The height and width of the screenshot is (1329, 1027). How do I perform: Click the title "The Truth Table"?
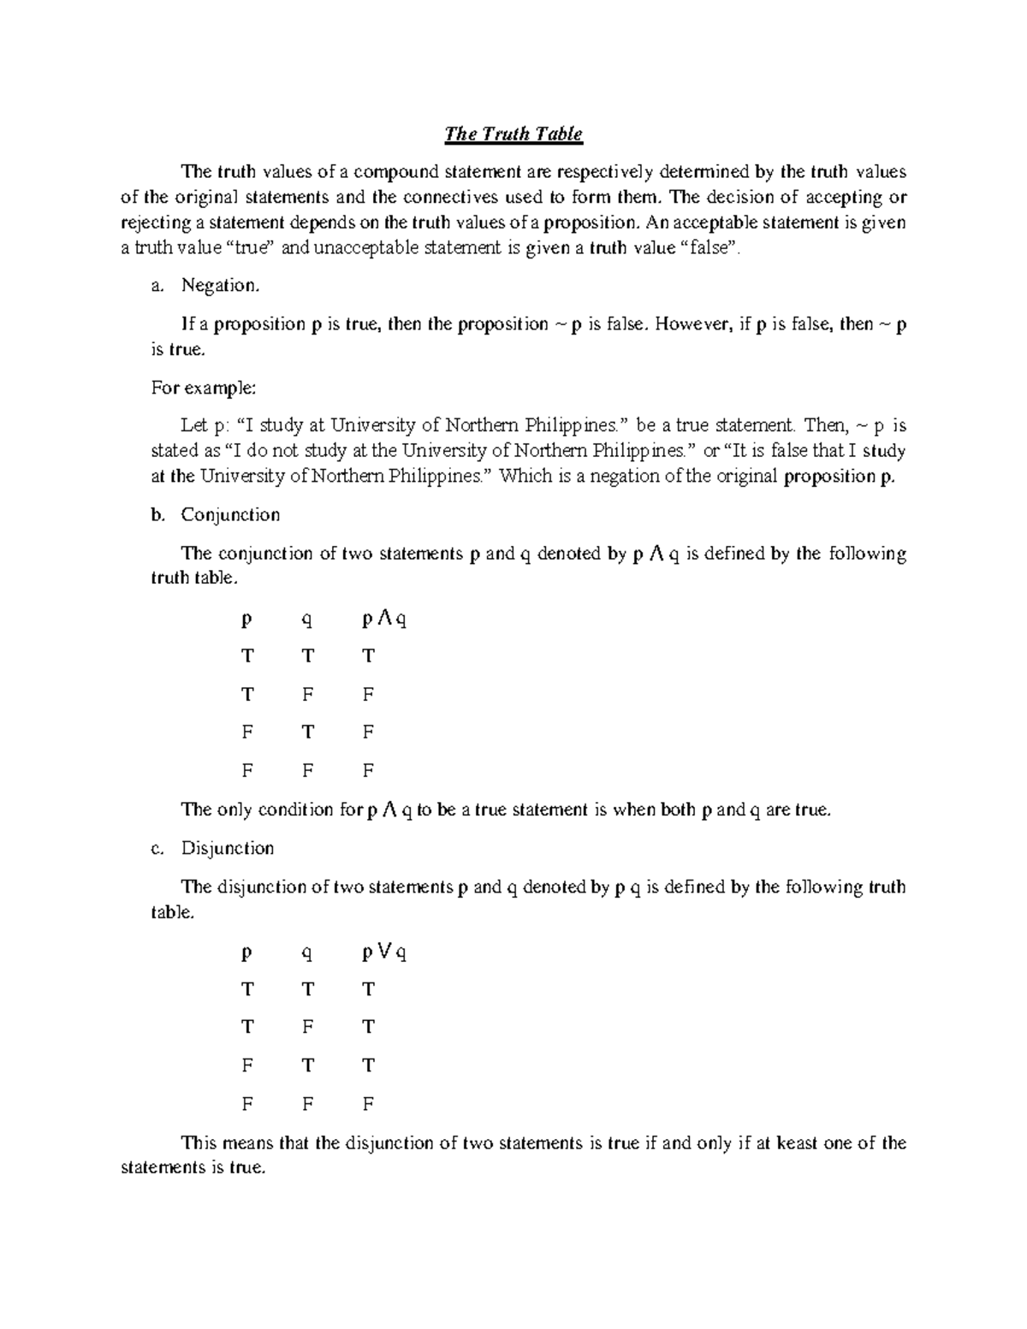[x=513, y=134]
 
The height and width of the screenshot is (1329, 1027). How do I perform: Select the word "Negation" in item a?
[x=219, y=286]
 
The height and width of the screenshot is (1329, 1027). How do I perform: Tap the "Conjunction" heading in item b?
[x=230, y=515]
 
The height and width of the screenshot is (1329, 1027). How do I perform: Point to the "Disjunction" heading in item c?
[x=228, y=849]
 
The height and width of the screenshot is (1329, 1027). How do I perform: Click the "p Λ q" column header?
[x=384, y=619]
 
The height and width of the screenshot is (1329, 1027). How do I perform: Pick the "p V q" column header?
[x=384, y=952]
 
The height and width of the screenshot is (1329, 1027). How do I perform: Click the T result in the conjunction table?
[x=368, y=656]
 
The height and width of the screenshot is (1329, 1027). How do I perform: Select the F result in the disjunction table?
[x=368, y=1104]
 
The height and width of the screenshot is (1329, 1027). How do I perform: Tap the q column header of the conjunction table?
[x=307, y=620]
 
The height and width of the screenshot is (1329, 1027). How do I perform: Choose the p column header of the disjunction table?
[x=247, y=952]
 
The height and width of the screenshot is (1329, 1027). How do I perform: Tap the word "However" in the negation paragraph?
[x=693, y=324]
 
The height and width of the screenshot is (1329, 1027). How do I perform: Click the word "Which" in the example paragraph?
[x=525, y=477]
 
